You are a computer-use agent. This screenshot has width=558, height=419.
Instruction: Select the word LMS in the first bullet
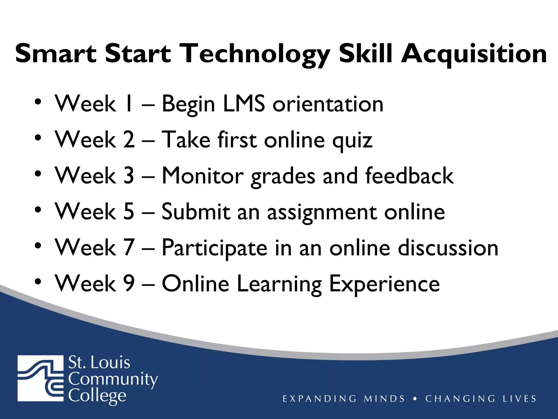tap(244, 104)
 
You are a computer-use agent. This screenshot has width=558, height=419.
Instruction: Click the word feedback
tap(409, 176)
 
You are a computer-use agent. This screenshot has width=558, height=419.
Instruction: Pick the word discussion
tap(448, 248)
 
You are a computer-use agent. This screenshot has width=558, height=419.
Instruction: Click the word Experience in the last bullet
tap(384, 284)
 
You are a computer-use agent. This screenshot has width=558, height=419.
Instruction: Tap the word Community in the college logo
tap(113, 379)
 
